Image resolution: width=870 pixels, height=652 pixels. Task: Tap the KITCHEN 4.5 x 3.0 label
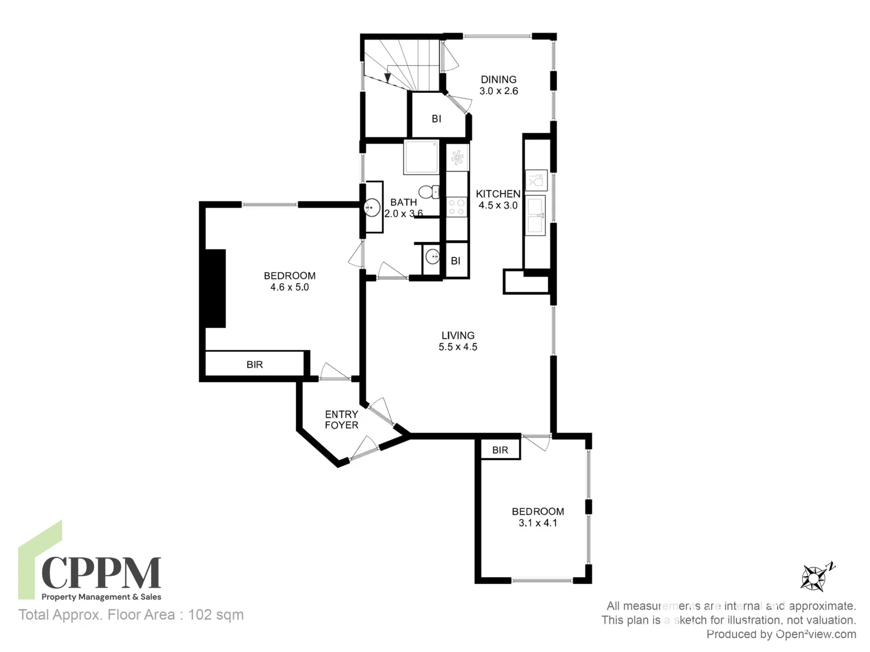[x=498, y=199]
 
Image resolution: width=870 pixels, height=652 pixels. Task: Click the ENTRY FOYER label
[x=341, y=420]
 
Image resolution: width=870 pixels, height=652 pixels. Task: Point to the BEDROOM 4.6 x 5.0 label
[x=289, y=281]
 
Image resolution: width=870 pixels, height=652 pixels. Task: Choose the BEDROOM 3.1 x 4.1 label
[x=538, y=517]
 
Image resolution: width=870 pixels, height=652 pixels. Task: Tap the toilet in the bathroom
[x=429, y=192]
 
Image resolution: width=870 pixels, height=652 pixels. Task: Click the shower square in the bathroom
[x=421, y=158]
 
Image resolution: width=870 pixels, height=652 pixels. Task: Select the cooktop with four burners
[x=457, y=207]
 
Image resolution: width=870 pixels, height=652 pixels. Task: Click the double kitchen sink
[x=535, y=215]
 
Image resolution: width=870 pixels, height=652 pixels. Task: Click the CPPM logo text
[x=101, y=573]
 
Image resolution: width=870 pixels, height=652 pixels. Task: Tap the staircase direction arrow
[x=387, y=77]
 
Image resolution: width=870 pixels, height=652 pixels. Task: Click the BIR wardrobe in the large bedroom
[x=254, y=365]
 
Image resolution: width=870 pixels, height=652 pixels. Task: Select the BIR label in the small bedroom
[x=500, y=450]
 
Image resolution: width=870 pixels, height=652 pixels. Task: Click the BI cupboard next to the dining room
[x=436, y=119]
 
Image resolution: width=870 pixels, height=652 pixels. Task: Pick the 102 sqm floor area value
[x=216, y=615]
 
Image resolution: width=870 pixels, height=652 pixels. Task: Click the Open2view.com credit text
[x=816, y=634]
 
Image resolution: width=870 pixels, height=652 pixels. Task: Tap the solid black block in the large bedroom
[x=216, y=289]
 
